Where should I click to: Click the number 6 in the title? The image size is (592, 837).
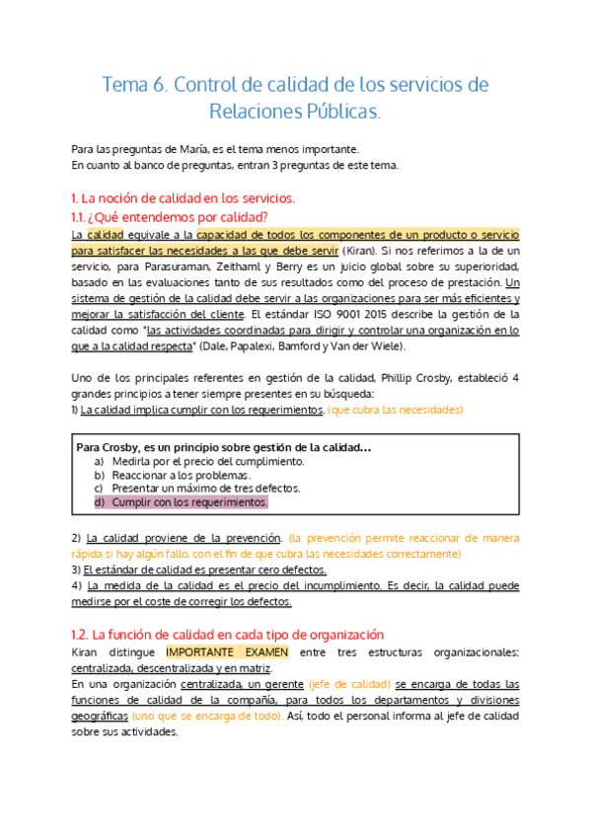point(160,85)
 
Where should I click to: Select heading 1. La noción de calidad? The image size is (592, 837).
point(184,198)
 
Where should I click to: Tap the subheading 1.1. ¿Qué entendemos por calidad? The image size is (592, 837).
point(170,217)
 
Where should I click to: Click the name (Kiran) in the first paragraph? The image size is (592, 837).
point(384,251)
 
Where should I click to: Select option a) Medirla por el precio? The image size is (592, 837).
point(207,461)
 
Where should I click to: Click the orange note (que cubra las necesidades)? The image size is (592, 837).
point(396,410)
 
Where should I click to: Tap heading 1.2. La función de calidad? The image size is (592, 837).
point(228,635)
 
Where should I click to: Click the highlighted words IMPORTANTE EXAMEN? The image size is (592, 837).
point(227,652)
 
